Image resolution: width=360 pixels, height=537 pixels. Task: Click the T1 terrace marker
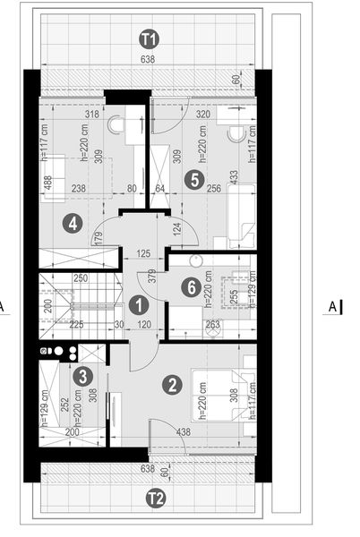coord(149,38)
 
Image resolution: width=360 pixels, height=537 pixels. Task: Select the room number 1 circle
coord(138,305)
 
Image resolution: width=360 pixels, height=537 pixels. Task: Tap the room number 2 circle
coord(170,386)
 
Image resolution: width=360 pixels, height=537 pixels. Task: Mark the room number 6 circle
coord(189,287)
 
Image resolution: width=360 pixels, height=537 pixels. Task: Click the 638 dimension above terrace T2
coord(149,466)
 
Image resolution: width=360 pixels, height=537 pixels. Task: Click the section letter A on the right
coord(332,307)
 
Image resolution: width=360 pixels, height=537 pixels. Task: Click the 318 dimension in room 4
coord(90,115)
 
